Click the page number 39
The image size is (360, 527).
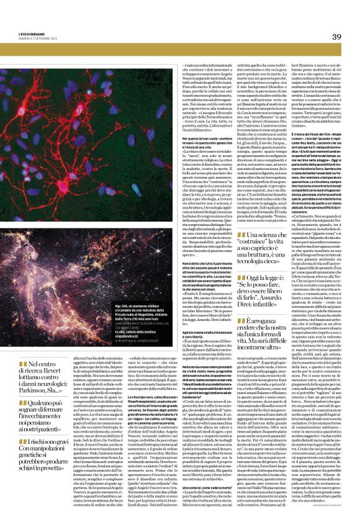(335, 37)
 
